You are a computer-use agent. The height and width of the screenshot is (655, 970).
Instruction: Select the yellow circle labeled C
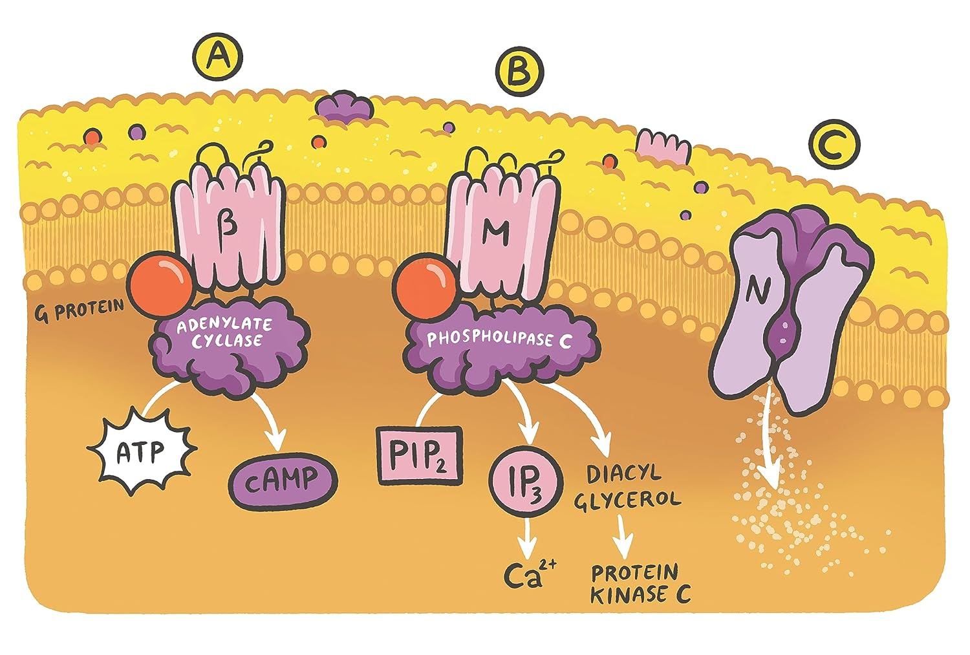click(835, 145)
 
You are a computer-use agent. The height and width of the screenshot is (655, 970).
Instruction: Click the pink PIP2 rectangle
click(419, 455)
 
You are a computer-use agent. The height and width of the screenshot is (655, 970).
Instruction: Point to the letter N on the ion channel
click(753, 292)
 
